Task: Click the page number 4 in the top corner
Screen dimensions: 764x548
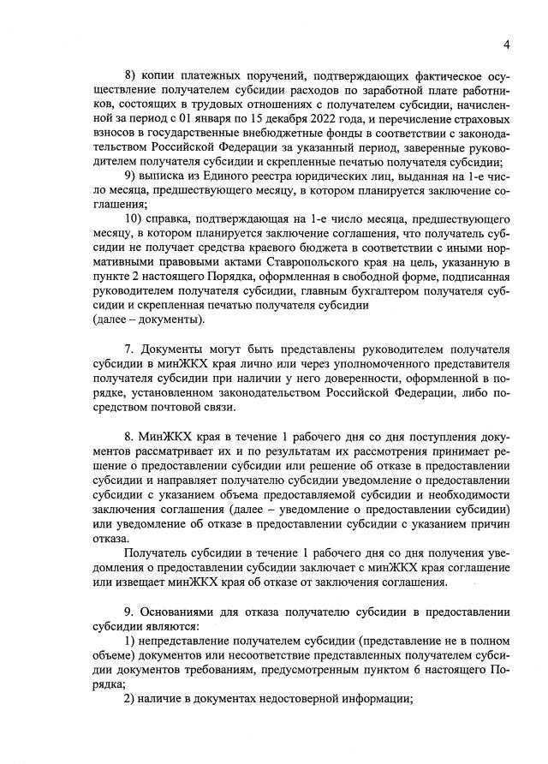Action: click(x=507, y=45)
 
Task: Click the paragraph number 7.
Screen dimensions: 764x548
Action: click(x=129, y=350)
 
